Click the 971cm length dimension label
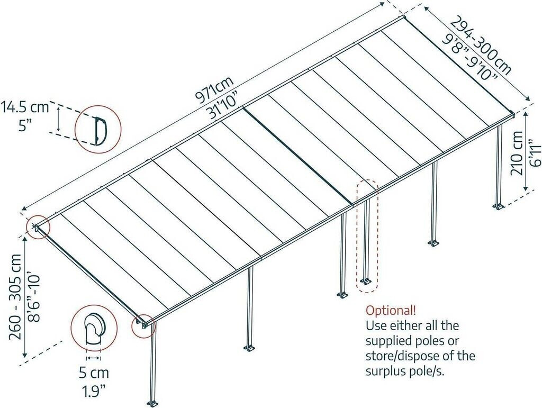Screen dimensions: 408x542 [214, 89]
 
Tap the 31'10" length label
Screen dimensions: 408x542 [223, 104]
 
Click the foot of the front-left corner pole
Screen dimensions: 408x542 [152, 403]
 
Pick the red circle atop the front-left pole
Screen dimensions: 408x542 [142, 326]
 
